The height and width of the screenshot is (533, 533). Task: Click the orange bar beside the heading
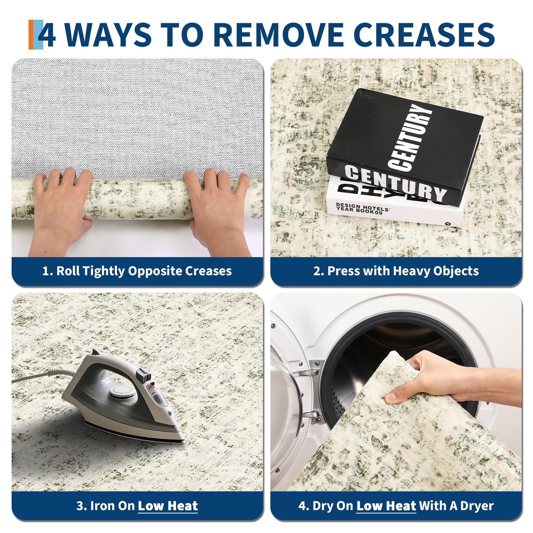point(31,35)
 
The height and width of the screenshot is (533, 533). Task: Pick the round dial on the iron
point(119,392)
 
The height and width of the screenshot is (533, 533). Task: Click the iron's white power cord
point(48,375)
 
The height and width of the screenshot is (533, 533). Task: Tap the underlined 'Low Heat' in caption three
point(168,506)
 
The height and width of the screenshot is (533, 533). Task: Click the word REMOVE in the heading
point(278,35)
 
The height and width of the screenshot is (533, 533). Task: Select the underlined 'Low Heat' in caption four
point(386,506)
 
